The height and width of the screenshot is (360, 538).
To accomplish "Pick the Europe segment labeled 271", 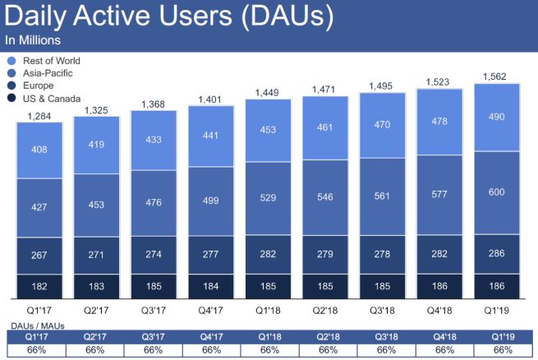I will [97, 256].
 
